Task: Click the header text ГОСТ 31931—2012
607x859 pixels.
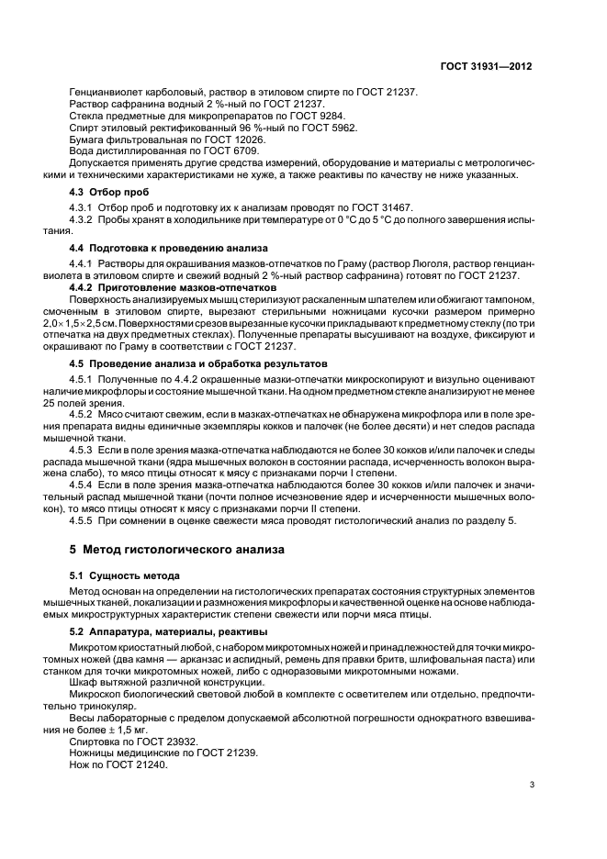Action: (487, 67)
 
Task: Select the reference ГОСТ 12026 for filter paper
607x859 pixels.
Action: (216, 139)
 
